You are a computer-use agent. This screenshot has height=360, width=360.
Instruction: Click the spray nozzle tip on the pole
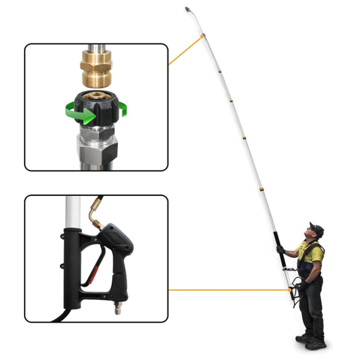(187, 9)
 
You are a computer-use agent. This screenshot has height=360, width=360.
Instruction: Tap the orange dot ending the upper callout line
(203, 36)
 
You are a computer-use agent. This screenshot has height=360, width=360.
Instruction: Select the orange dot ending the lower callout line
(289, 290)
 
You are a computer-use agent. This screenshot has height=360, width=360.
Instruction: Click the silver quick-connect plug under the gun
(118, 308)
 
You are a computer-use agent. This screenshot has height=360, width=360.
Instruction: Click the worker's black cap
(317, 229)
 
